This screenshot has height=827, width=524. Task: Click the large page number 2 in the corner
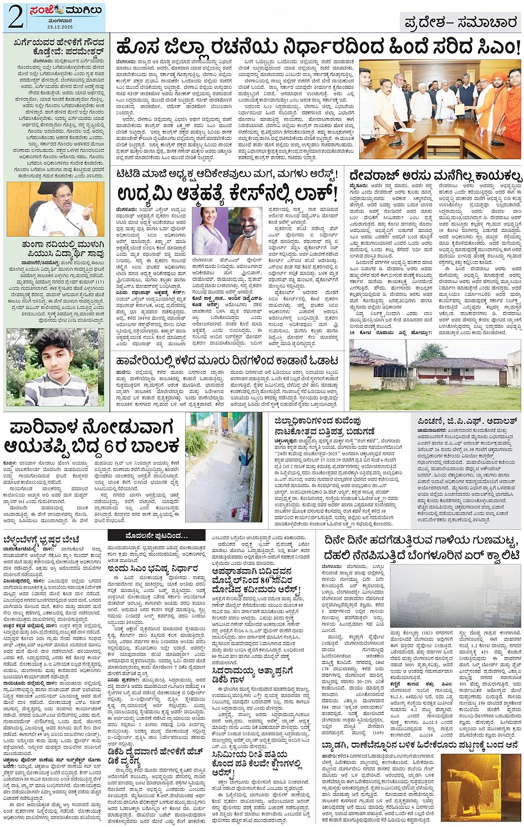point(15,18)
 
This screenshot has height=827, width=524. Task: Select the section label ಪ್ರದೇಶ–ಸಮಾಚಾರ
point(461,22)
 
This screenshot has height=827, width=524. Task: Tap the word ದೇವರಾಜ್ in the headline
point(374,176)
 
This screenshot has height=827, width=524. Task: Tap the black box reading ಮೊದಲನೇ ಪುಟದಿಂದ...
point(149,536)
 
